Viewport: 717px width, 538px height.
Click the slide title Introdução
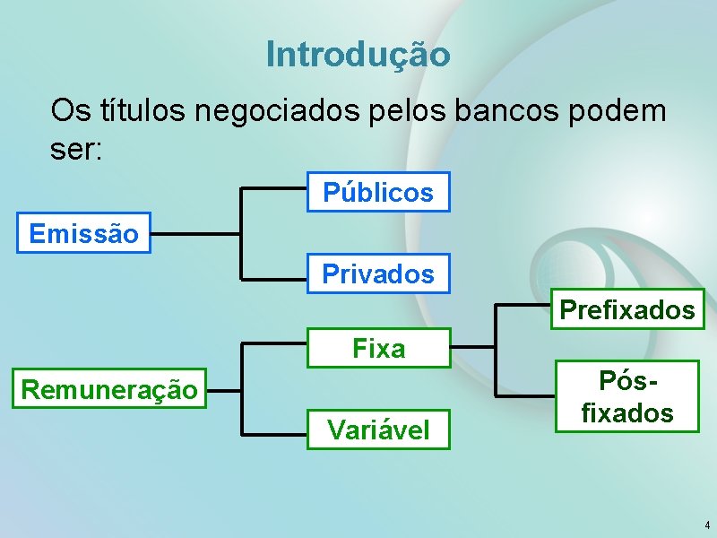tap(358, 55)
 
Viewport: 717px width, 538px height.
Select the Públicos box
tap(378, 192)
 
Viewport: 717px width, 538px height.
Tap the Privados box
tap(378, 274)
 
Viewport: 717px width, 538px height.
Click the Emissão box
tap(84, 234)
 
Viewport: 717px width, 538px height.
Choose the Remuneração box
tap(109, 389)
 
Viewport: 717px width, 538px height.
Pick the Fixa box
tap(378, 348)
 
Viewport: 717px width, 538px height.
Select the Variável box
tap(378, 430)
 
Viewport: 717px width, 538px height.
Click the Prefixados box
tap(627, 310)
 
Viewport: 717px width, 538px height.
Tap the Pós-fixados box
tap(627, 395)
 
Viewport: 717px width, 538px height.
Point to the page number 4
tap(707, 525)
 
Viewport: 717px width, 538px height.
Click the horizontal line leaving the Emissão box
tap(196, 234)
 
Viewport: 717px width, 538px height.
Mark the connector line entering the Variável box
tap(276, 435)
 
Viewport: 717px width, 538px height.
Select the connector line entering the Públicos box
tap(276, 188)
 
